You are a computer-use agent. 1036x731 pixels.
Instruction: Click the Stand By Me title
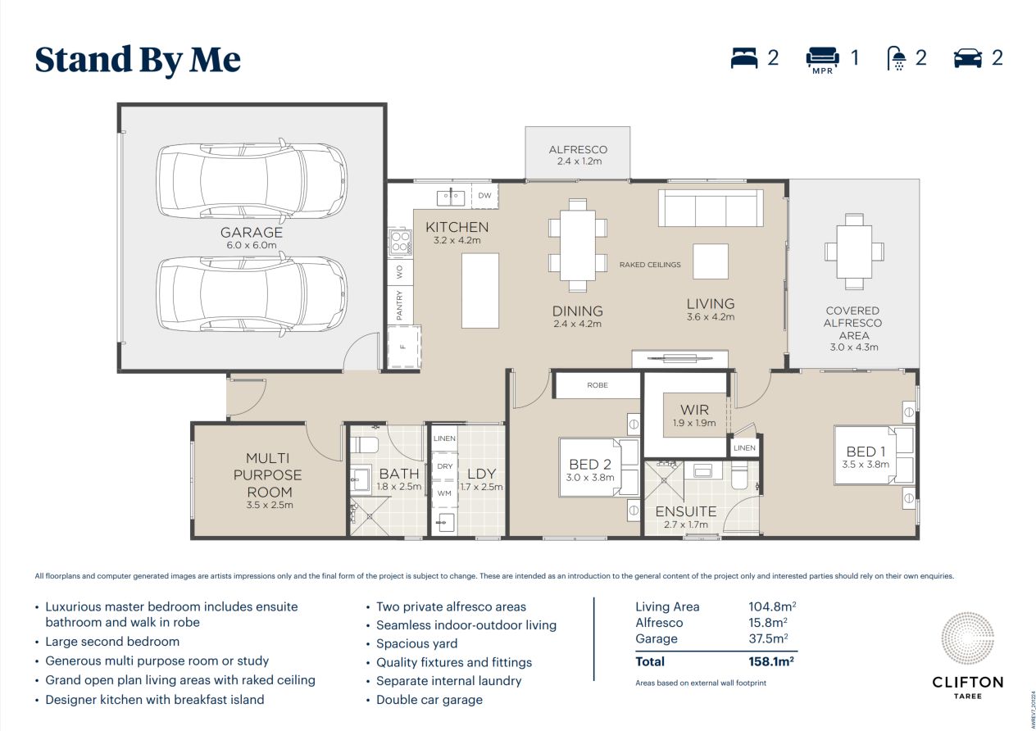(x=138, y=60)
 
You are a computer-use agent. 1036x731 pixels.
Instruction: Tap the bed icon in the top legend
(x=744, y=58)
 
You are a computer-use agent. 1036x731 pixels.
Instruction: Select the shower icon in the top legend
(x=897, y=58)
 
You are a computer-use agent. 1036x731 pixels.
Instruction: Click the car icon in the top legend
(x=968, y=58)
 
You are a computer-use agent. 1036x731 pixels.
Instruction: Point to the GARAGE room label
(x=252, y=234)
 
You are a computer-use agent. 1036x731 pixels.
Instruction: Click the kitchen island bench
(x=480, y=290)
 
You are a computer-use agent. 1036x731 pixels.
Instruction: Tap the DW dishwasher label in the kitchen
(x=484, y=196)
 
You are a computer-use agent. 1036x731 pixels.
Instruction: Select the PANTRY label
(x=400, y=305)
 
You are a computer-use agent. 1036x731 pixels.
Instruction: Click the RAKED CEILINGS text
(x=650, y=265)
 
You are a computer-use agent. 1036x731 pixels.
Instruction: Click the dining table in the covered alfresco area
(x=854, y=251)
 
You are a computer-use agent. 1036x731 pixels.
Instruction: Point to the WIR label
(x=694, y=410)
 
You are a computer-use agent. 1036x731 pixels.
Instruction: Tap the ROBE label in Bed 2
(x=598, y=385)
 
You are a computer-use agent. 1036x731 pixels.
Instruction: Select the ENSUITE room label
(x=685, y=511)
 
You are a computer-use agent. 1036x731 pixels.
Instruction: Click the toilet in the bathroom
(x=365, y=446)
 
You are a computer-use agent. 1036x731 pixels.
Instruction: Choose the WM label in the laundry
(x=444, y=493)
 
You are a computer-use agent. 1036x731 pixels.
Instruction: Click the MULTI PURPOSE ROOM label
(x=270, y=475)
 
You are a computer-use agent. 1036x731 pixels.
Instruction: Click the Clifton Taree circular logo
(x=966, y=641)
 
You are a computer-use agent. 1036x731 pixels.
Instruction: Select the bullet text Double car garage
(x=429, y=700)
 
